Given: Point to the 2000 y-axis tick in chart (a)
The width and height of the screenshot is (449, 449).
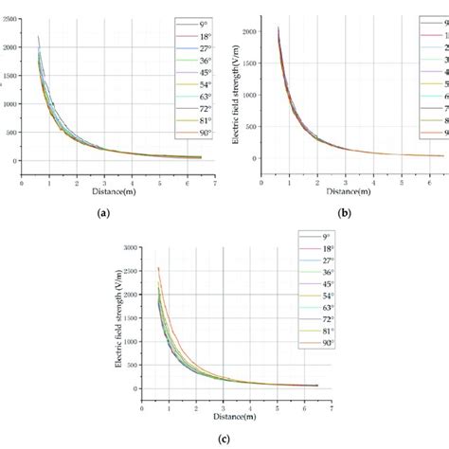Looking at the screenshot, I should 9,47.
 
